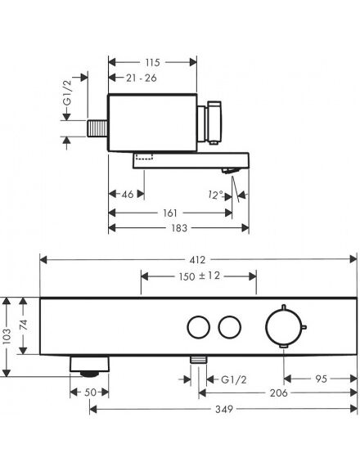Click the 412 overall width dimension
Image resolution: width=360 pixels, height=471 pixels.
(x=197, y=259)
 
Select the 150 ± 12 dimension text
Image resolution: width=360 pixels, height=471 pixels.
(x=200, y=276)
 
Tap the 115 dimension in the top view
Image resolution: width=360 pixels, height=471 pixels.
(x=153, y=62)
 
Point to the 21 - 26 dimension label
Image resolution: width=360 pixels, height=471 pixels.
(x=142, y=78)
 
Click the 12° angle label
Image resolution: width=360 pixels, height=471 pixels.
(x=215, y=195)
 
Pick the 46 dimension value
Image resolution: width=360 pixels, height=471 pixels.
(x=127, y=194)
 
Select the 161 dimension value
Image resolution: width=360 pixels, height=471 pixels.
(x=170, y=213)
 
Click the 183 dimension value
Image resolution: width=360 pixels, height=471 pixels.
(x=179, y=228)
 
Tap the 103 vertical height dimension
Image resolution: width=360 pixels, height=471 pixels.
(x=7, y=336)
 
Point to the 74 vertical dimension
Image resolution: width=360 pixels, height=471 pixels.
(x=23, y=325)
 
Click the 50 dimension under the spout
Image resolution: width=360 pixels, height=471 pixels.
(x=91, y=392)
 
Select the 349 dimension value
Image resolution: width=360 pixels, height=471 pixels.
(x=224, y=409)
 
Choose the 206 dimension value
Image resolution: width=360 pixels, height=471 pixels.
(x=278, y=392)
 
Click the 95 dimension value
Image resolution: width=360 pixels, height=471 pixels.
(x=321, y=379)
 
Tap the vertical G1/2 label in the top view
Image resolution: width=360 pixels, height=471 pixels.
(x=68, y=93)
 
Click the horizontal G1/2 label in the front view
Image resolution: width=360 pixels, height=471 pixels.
(x=234, y=379)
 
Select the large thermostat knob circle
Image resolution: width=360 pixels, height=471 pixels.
(x=266, y=327)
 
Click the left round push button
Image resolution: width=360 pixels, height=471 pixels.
(x=187, y=327)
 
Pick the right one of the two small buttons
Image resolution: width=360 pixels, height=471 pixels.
(x=218, y=327)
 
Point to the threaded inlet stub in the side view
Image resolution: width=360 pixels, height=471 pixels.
(x=97, y=128)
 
